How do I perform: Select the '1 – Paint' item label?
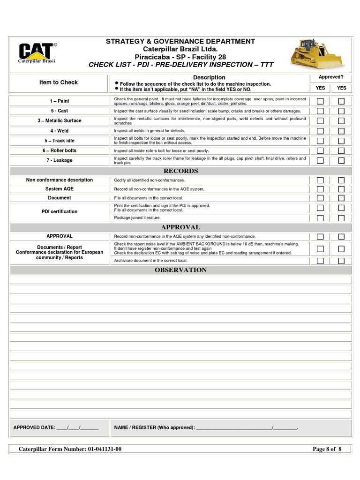coord(60,101)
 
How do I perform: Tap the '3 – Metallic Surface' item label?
coord(60,121)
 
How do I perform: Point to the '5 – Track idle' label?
coord(60,141)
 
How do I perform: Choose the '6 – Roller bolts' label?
coord(60,150)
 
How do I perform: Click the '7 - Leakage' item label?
coord(60,160)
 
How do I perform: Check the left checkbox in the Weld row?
coord(320,131)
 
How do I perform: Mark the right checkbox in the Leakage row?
coord(341,160)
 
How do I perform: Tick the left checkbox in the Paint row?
coord(320,101)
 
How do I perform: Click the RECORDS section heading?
coord(180,171)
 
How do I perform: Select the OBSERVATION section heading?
coord(180,270)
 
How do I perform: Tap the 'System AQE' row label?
coord(60,189)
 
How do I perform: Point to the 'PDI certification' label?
coord(60,211)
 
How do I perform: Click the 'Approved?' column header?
coord(330,77)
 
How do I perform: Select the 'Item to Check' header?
coord(59,82)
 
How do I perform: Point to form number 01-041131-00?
coord(104,449)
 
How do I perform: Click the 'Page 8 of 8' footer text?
coord(327,449)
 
